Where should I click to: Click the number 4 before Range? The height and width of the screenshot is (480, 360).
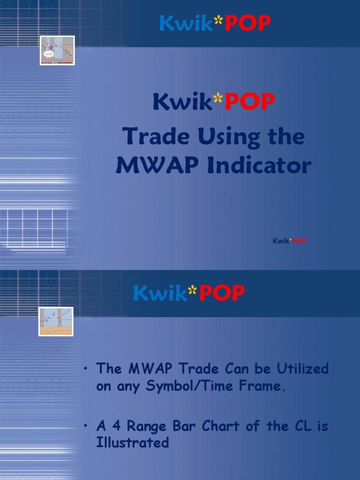(x=116, y=426)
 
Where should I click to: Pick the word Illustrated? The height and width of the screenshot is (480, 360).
(x=133, y=442)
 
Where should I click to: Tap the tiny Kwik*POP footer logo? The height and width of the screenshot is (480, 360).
(x=290, y=241)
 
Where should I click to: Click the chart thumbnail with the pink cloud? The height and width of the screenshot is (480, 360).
(x=57, y=50)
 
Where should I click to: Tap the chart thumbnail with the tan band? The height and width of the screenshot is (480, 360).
(x=56, y=322)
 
